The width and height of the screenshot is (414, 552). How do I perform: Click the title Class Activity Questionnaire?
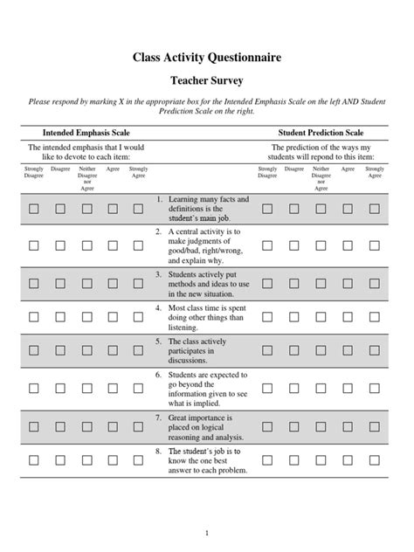pyautogui.click(x=206, y=59)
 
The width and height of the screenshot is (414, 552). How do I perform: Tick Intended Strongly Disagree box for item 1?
pyautogui.click(x=33, y=210)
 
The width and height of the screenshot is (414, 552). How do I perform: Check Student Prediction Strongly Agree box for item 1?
pyautogui.click(x=375, y=210)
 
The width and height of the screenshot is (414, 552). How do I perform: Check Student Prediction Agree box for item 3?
pyautogui.click(x=348, y=284)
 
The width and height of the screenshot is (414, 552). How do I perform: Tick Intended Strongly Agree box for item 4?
pyautogui.click(x=138, y=318)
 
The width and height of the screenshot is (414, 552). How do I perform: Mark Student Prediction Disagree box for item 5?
pyautogui.click(x=293, y=349)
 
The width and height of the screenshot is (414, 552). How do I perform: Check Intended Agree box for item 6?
pyautogui.click(x=113, y=389)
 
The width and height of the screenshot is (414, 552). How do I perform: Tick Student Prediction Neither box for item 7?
pyautogui.click(x=321, y=427)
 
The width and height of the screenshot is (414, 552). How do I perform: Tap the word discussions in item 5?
pyautogui.click(x=192, y=359)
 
